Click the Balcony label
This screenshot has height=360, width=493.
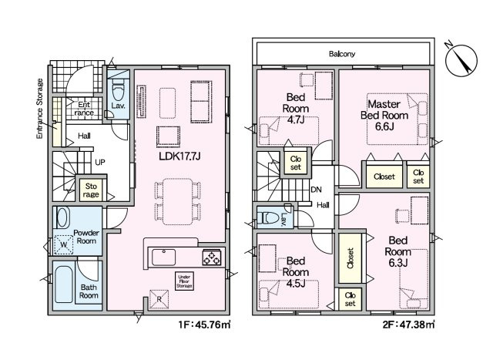pos(342,54)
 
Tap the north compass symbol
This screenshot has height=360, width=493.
pos(461,60)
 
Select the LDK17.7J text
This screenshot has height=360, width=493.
pos(179,156)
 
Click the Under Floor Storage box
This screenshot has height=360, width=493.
pos(184,281)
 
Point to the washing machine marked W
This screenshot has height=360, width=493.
pos(64,244)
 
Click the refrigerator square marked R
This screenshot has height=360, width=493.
pos(159,299)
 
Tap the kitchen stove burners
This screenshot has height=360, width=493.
pos(212,257)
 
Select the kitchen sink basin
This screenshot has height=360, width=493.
pos(163,257)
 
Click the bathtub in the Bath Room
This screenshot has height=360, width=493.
pos(63,284)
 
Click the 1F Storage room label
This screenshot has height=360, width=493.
pos(91,190)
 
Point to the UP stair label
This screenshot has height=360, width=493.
pos(100,163)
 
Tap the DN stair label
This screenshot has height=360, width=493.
pos(316,190)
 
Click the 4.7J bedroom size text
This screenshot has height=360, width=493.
pos(295,120)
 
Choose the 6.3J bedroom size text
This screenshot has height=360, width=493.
pos(398,262)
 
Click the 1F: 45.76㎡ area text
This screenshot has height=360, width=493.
pos(205,325)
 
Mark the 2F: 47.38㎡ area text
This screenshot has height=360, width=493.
pos(409,325)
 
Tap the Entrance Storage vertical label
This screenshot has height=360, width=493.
pos(39,109)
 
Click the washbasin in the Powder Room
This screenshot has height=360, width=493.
pos(62,217)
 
